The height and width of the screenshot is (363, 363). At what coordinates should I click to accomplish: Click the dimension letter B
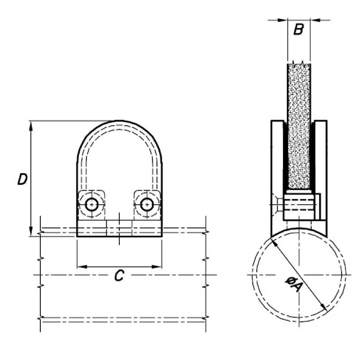click(x=298, y=30)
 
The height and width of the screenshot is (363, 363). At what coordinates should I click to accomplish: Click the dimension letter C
click(x=119, y=275)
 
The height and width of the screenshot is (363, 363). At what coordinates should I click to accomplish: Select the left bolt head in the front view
click(x=93, y=205)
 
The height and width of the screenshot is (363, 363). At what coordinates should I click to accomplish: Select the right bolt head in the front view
click(x=146, y=205)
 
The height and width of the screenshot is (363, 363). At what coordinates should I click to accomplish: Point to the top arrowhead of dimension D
click(x=31, y=125)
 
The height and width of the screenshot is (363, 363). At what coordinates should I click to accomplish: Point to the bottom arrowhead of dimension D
click(x=31, y=231)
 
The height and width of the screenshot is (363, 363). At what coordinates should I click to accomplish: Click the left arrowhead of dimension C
click(x=81, y=266)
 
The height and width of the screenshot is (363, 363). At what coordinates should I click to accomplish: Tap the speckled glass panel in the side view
click(x=299, y=127)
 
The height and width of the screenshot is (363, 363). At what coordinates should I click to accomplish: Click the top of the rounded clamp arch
click(x=119, y=121)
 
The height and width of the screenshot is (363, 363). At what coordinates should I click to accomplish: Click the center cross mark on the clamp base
click(x=119, y=225)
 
